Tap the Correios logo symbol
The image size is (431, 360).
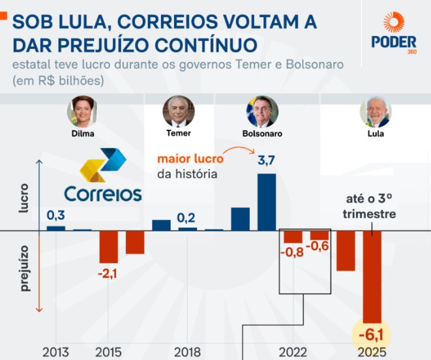102,166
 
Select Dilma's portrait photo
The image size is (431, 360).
82,112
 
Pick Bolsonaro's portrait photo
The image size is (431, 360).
260,112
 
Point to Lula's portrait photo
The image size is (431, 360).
375,112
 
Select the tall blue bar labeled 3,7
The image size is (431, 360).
266,202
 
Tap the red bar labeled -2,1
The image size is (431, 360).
108,247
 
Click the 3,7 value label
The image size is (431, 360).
266,161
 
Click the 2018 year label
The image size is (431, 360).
187,352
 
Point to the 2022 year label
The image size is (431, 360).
293,352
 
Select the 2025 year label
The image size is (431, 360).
372,352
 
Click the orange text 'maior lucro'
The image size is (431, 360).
190,158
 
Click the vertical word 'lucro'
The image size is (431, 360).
25,204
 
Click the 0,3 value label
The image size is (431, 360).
55,215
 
